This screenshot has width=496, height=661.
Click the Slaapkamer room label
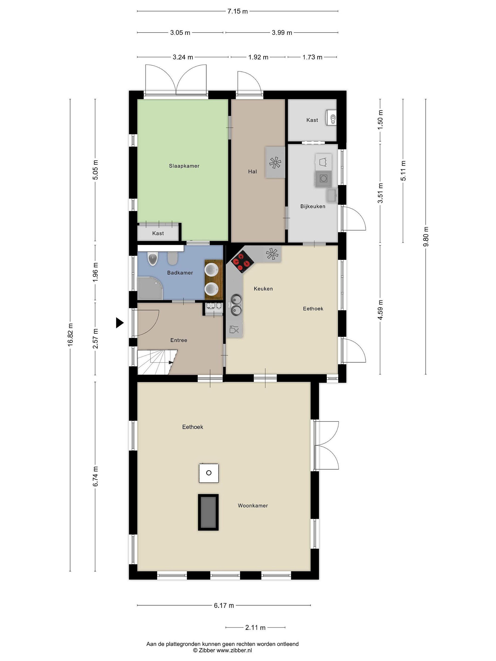pyautogui.click(x=184, y=166)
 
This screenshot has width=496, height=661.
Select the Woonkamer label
pyautogui.click(x=253, y=505)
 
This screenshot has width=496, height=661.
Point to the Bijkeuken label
pyautogui.click(x=313, y=206)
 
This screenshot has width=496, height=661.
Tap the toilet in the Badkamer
pyautogui.click(x=153, y=259)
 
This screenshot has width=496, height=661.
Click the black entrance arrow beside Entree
pyautogui.click(x=120, y=323)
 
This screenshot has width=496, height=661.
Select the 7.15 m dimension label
pyautogui.click(x=237, y=11)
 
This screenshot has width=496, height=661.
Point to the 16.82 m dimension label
pyautogui.click(x=70, y=335)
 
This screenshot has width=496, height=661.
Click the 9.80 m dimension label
pyautogui.click(x=426, y=236)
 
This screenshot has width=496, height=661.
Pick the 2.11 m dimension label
pyautogui.click(x=255, y=627)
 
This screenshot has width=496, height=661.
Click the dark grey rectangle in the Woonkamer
pyautogui.click(x=208, y=512)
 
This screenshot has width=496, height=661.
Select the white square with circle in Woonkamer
pyautogui.click(x=209, y=473)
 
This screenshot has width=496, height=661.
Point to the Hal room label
pyautogui.click(x=252, y=171)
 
